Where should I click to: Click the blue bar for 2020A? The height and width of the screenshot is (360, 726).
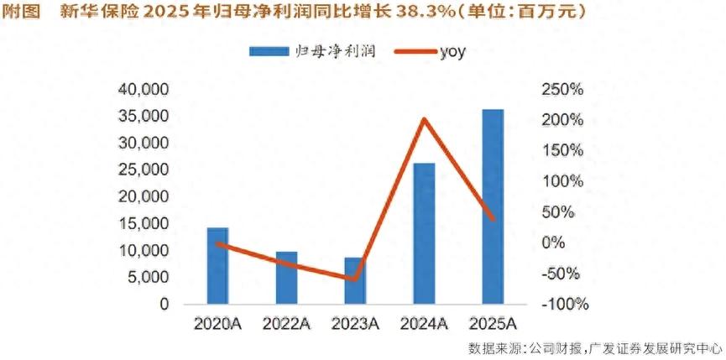pos(217,265)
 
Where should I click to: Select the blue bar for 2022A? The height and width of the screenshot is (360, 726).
pos(286,278)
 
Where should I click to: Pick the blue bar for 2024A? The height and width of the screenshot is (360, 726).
pos(424,233)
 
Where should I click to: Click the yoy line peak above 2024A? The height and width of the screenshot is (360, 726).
pos(424,119)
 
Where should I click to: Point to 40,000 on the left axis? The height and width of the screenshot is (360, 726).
pos(144,90)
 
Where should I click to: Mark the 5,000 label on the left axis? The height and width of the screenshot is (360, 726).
pos(149,278)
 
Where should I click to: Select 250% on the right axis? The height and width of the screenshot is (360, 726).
pos(561,90)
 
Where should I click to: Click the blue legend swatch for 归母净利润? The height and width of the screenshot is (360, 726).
pos(269,51)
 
